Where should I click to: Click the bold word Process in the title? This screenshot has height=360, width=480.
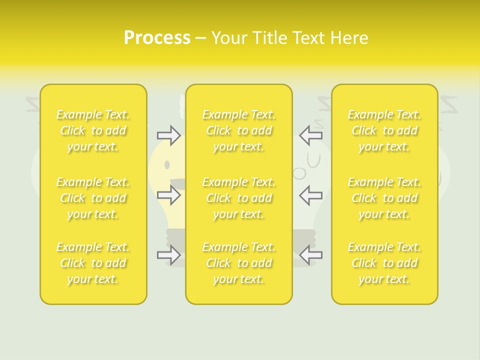[x=157, y=38]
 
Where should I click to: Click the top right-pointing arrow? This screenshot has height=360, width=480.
[x=168, y=135]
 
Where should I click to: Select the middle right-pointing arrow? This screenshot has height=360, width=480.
[x=168, y=195]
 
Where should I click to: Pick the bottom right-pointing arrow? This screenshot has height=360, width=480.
[x=168, y=255]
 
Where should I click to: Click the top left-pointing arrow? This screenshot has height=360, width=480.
[x=311, y=135]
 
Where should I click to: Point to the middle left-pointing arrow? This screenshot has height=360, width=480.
[x=311, y=195]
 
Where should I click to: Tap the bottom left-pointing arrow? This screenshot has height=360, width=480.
[x=311, y=255]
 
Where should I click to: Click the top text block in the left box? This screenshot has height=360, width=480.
[x=93, y=130]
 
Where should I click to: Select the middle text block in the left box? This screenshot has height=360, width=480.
[x=93, y=198]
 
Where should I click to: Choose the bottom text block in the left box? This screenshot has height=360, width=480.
[x=93, y=263]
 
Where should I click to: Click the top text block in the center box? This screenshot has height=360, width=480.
[x=238, y=130]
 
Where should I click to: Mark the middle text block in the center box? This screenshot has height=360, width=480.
[x=238, y=198]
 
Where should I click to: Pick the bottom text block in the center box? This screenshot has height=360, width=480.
[x=238, y=263]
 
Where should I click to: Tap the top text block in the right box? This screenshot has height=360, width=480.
[x=384, y=130]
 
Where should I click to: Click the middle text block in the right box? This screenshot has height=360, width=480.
[x=384, y=198]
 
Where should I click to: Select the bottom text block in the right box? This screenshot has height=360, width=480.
[x=384, y=263]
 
